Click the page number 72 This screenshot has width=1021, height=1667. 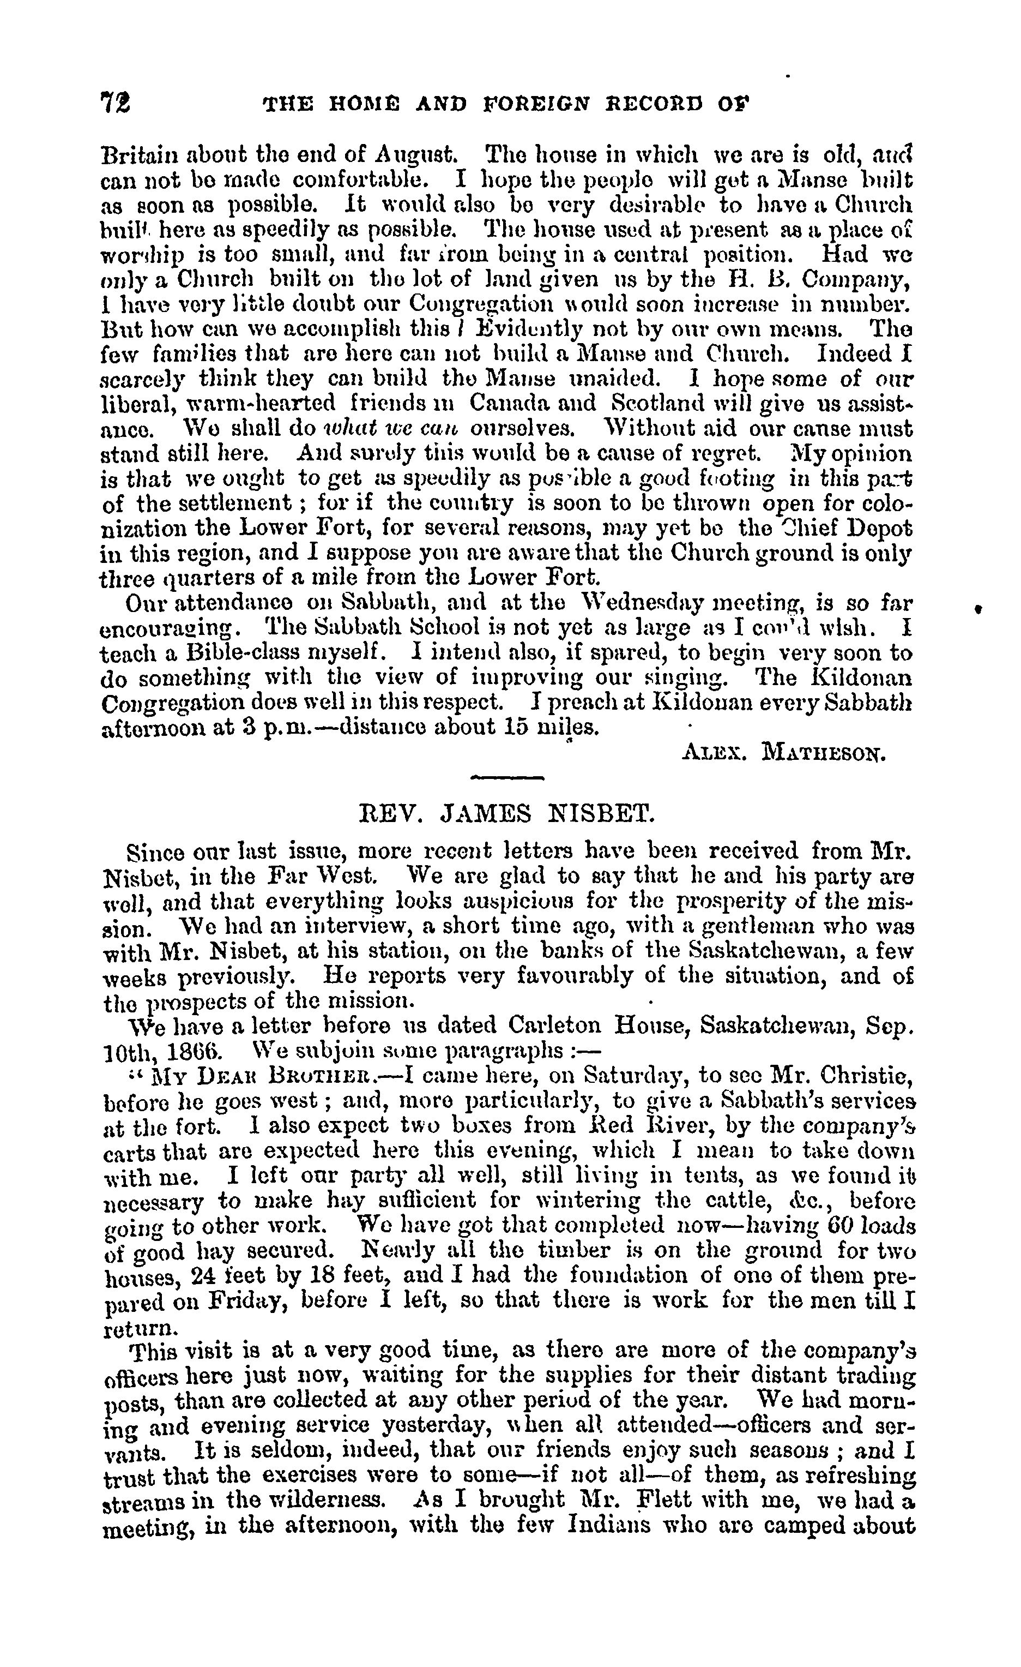pyautogui.click(x=116, y=103)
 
